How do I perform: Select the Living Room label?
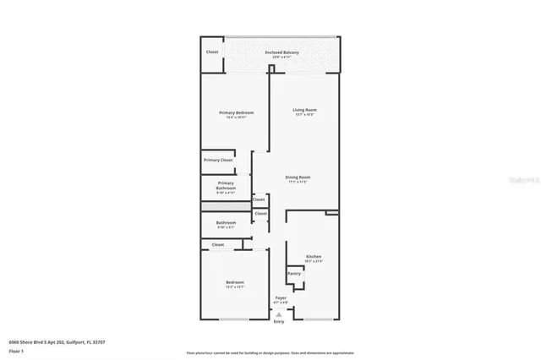click(304, 110)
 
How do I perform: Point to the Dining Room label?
click(298, 177)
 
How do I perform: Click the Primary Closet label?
click(217, 160)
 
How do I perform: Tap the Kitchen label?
click(314, 256)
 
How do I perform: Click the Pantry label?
click(294, 273)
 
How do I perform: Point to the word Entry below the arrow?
click(279, 322)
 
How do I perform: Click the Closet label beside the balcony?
click(212, 52)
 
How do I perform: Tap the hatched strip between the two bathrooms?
click(226, 206)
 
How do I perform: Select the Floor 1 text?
click(16, 349)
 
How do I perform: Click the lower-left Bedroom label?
click(234, 281)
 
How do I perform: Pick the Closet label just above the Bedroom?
click(218, 245)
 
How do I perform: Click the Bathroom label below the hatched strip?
click(226, 223)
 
